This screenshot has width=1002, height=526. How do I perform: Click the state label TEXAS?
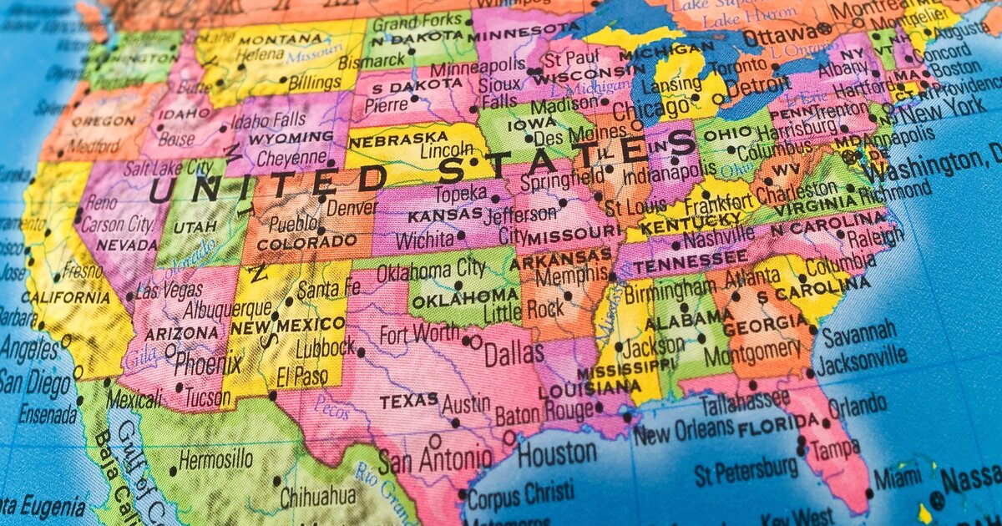[x=409, y=402]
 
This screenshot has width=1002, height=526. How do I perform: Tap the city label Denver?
[x=351, y=206]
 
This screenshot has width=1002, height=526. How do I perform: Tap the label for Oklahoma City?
[x=431, y=270]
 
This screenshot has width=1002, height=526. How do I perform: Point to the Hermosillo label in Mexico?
[x=215, y=459]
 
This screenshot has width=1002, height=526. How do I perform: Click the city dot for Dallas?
[x=475, y=341]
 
